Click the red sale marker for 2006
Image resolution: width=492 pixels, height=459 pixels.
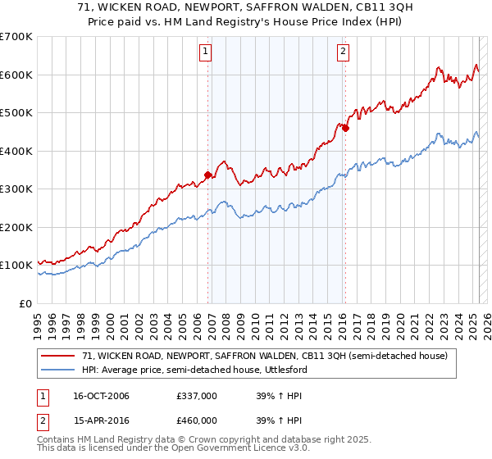coord(208,174)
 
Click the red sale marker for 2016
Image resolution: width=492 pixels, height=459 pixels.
coord(346,128)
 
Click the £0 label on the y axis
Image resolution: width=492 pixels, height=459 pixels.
coord(25,303)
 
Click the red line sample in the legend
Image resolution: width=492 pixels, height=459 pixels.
coord(58,356)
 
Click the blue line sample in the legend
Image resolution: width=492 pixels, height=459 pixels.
coord(58,370)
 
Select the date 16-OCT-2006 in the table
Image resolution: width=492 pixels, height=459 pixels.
coord(101,396)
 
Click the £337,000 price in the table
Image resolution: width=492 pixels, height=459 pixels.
coord(198,396)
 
